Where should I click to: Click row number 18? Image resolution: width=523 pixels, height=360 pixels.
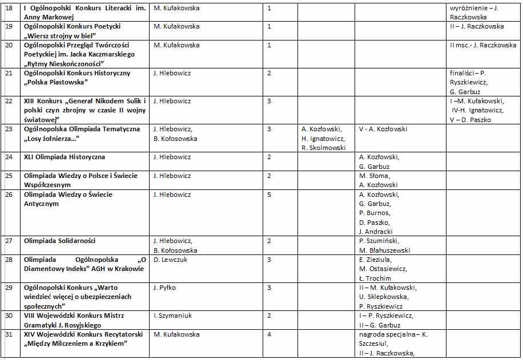[9, 8]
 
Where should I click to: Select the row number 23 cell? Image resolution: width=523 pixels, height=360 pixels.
[9, 129]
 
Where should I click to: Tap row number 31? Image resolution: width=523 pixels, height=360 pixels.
[9, 334]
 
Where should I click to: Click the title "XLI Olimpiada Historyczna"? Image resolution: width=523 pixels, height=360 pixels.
[65, 157]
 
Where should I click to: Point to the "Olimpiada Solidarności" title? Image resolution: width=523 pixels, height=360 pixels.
[60, 241]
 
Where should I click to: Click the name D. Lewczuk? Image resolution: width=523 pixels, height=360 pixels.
[171, 260]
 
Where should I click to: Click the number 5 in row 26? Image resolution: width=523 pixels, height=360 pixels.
[269, 195]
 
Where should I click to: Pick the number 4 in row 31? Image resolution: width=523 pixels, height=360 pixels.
[269, 334]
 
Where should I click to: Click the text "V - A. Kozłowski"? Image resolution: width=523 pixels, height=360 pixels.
[383, 129]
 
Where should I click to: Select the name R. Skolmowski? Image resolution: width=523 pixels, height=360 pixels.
[324, 147]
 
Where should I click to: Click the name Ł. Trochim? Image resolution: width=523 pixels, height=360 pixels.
[375, 278]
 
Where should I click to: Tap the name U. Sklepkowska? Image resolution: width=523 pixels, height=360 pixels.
[384, 297]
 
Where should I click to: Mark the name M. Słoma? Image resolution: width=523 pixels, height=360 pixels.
[375, 176]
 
